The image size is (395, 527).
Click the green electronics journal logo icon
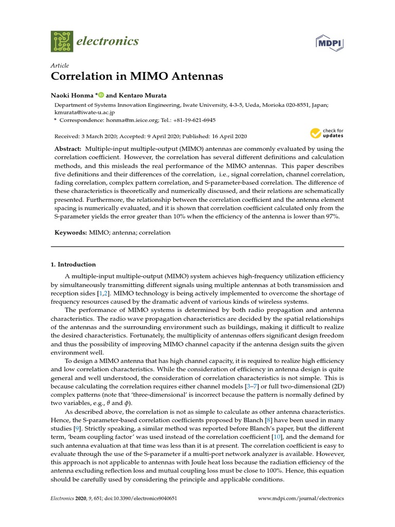tap(62, 41)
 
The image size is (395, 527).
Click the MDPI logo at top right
tap(329, 43)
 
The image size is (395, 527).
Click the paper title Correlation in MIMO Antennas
tap(137, 77)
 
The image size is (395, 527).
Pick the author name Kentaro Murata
tap(143, 95)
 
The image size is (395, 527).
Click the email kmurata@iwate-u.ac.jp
tap(84, 111)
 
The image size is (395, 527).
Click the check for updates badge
tap(327, 134)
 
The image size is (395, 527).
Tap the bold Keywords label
tap(71, 233)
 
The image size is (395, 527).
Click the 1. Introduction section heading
tap(73, 265)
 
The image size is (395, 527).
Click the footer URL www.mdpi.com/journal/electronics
tap(300, 499)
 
